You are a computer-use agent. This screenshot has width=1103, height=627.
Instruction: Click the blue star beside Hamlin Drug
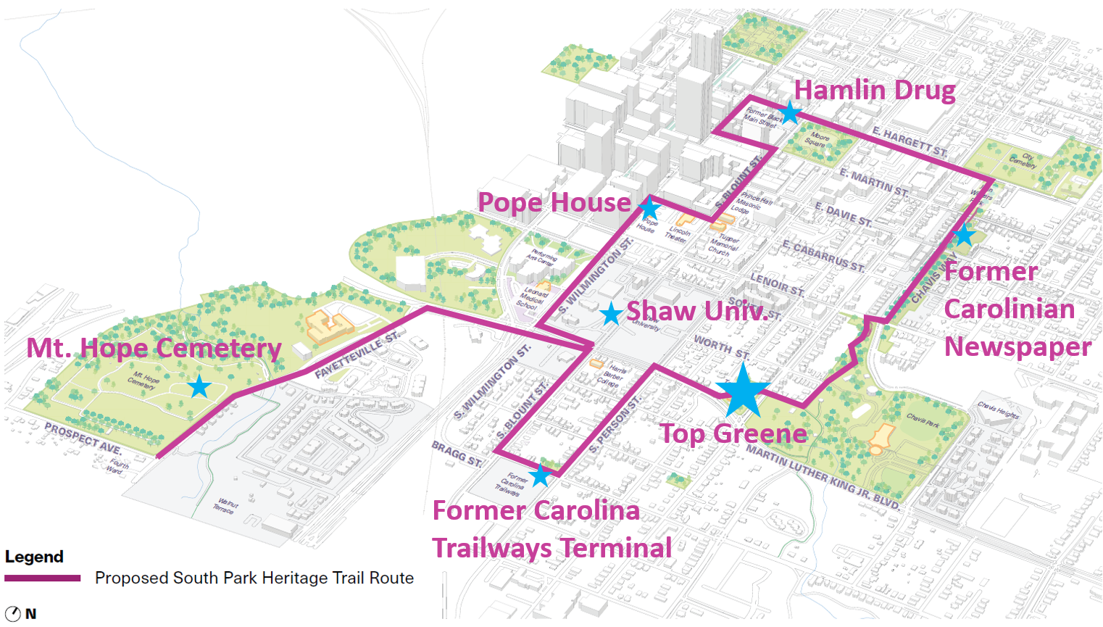(x=789, y=112)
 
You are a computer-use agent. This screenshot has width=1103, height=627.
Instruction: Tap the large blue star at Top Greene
(x=742, y=391)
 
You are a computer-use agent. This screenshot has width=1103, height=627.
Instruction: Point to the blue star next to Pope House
(x=649, y=208)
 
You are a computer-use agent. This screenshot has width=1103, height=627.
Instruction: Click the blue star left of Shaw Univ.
(x=612, y=314)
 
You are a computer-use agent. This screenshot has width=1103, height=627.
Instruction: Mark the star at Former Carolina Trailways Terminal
(x=540, y=476)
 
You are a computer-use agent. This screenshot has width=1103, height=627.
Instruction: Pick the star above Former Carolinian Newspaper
(x=964, y=235)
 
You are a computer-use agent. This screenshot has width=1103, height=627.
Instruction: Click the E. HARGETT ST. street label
(x=910, y=141)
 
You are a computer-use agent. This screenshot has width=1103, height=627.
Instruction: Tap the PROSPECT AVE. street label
(x=83, y=438)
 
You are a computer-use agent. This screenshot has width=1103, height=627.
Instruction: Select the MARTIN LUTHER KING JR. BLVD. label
(x=823, y=476)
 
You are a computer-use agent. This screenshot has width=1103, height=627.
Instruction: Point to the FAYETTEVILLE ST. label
(x=357, y=355)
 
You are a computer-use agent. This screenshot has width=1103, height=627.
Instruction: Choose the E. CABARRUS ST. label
(x=823, y=256)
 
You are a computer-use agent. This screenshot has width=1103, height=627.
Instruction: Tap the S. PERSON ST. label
(x=615, y=425)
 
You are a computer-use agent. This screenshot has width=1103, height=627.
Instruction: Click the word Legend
(x=34, y=557)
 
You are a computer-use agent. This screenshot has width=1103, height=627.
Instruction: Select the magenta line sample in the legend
(x=43, y=578)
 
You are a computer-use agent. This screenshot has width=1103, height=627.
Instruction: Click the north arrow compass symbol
(x=12, y=613)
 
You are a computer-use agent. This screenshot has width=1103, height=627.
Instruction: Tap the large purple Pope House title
(x=554, y=202)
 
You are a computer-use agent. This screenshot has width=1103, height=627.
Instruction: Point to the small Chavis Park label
(x=923, y=419)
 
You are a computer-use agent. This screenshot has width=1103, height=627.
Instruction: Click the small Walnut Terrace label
(x=225, y=505)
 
